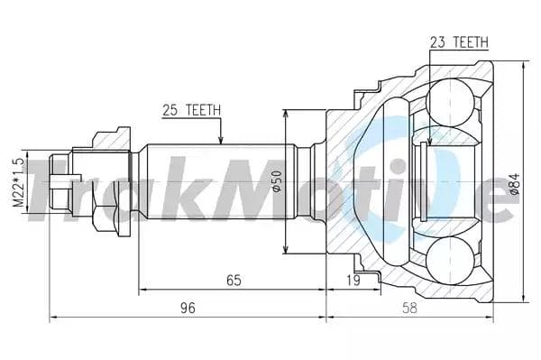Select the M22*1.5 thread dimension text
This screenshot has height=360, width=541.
16,183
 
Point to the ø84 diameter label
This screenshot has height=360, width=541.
515,183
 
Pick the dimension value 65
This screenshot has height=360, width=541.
234,281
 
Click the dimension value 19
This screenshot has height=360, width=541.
353,281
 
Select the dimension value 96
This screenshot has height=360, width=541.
188,309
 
